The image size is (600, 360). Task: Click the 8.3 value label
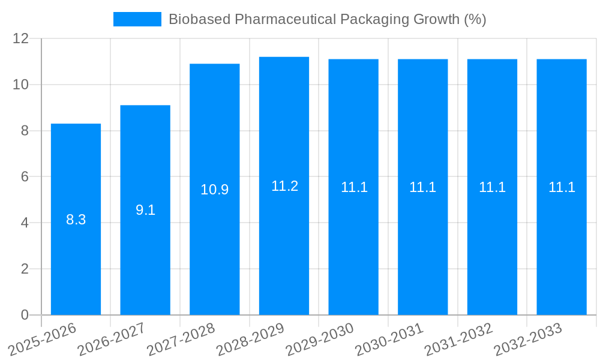(x=76, y=220)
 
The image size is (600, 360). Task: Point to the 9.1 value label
(x=145, y=210)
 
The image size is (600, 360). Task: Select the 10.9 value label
(x=215, y=190)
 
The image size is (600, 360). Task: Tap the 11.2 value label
(x=284, y=186)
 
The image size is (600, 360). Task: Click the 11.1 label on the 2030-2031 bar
(x=422, y=187)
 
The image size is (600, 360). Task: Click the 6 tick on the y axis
(x=25, y=177)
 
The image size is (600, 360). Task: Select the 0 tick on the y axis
(x=25, y=315)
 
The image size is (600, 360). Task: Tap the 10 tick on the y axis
(x=21, y=85)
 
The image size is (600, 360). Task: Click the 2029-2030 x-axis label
(x=320, y=340)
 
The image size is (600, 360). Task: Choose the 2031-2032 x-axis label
(x=459, y=340)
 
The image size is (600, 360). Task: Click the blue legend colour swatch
(x=137, y=19)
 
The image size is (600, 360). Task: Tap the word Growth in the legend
(x=437, y=19)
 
